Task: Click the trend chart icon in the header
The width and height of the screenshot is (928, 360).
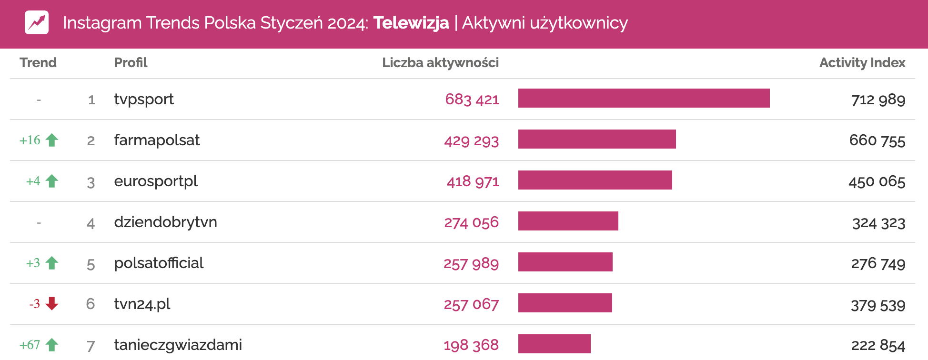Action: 37,22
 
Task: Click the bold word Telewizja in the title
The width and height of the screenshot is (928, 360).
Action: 411,23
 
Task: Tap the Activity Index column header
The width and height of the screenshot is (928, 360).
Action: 862,63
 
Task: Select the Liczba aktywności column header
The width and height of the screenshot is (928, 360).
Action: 440,63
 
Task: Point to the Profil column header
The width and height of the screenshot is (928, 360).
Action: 131,63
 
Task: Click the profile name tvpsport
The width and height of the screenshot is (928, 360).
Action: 144,99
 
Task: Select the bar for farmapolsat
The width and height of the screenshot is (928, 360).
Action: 596,139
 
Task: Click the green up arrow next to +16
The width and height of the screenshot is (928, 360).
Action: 52,140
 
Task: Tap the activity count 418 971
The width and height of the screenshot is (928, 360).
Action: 473,181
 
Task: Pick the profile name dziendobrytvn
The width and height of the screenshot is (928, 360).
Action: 165,222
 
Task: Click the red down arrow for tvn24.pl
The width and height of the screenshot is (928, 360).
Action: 52,303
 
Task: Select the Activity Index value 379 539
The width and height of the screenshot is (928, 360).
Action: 878,305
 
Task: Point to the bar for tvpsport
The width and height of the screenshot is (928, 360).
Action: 644,98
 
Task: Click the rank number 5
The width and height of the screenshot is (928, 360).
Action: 91,264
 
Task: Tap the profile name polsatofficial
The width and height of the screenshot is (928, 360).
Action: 159,263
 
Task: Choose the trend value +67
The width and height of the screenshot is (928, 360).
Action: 30,345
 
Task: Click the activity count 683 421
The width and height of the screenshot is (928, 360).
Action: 472,99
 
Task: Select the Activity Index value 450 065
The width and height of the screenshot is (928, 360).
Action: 877,181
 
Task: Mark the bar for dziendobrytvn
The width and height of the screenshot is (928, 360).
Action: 568,221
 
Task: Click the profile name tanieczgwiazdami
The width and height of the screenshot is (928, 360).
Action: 178,345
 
